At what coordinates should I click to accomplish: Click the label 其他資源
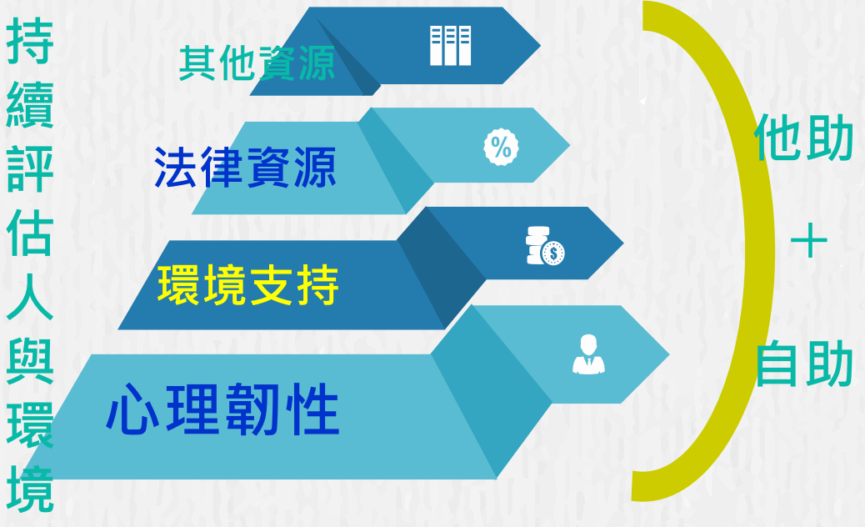257,63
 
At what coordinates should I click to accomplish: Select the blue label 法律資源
245,168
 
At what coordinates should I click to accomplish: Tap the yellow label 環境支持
247,284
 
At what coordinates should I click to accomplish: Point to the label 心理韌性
222,409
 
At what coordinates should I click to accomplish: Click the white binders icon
450,45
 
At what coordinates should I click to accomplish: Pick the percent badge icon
501,147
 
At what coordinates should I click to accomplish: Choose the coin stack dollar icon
545,246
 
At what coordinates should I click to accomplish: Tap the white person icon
588,354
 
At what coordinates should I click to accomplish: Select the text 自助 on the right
804,363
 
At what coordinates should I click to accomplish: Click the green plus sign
808,241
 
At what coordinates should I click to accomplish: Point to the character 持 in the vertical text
30,40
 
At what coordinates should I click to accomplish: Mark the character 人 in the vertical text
30,297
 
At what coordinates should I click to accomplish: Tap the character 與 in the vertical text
30,361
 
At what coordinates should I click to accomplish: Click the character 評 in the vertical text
30,169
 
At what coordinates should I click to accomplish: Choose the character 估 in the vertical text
30,233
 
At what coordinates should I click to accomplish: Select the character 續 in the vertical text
30,105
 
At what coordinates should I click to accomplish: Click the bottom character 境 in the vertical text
30,489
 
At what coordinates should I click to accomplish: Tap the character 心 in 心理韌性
132,409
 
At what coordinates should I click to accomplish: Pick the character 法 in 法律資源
176,168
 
